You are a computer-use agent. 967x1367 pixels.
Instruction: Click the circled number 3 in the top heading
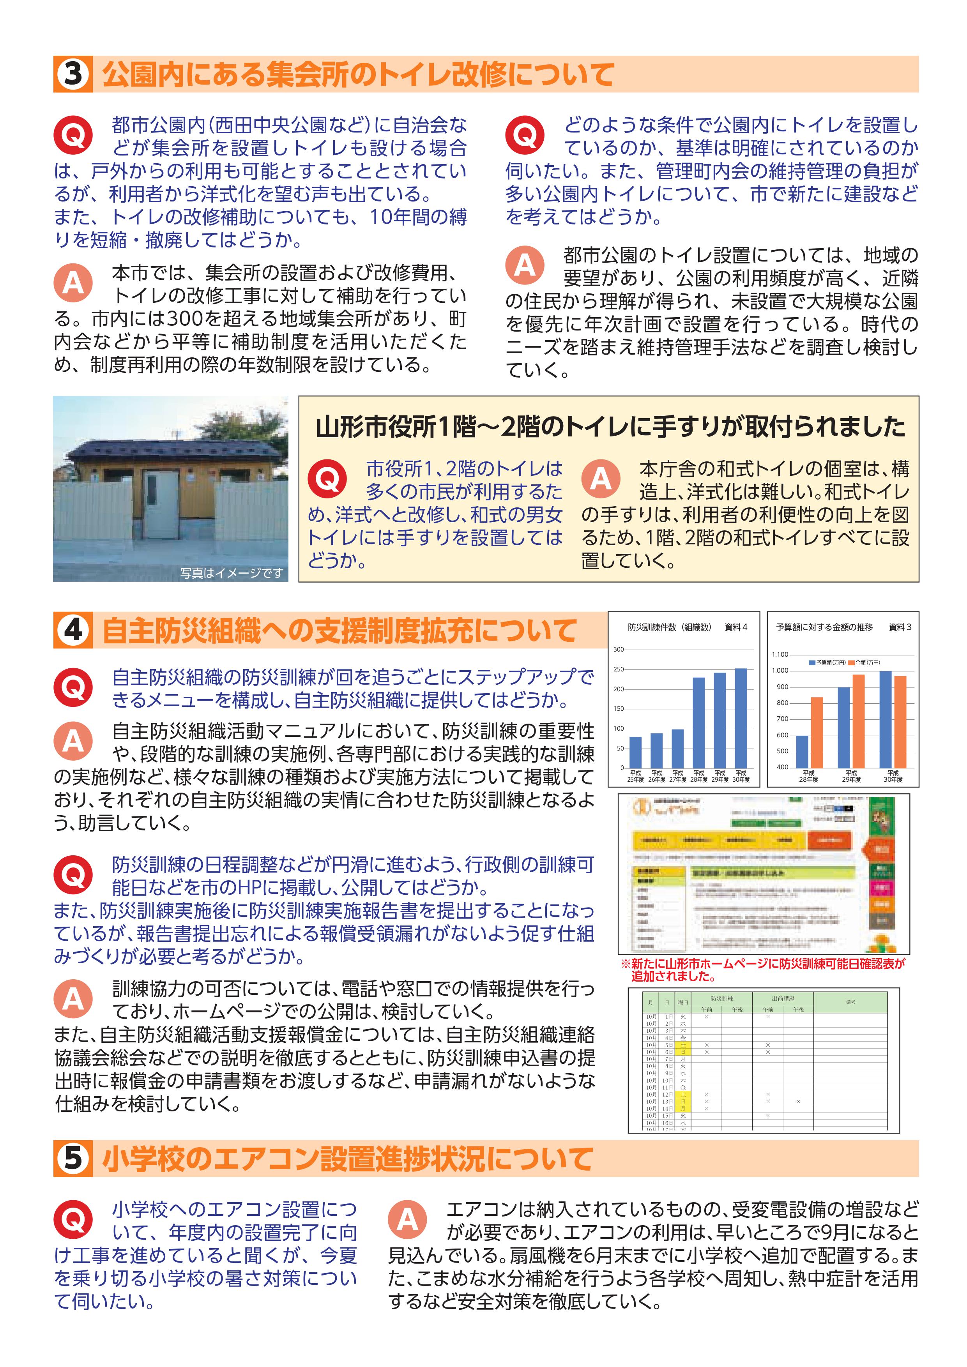(x=72, y=74)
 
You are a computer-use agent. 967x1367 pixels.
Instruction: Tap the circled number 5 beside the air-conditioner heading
(x=72, y=1159)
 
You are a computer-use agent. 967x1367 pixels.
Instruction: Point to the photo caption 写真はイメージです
(x=232, y=573)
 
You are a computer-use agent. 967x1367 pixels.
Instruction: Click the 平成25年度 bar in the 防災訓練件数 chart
(x=635, y=752)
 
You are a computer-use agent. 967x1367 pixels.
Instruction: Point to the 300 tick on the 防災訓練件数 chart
(x=619, y=650)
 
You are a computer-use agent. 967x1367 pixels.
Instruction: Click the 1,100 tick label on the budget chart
(x=780, y=654)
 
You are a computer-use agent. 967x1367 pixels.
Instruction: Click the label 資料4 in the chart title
(x=735, y=627)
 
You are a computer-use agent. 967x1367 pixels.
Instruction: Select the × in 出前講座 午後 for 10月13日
(x=798, y=1102)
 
